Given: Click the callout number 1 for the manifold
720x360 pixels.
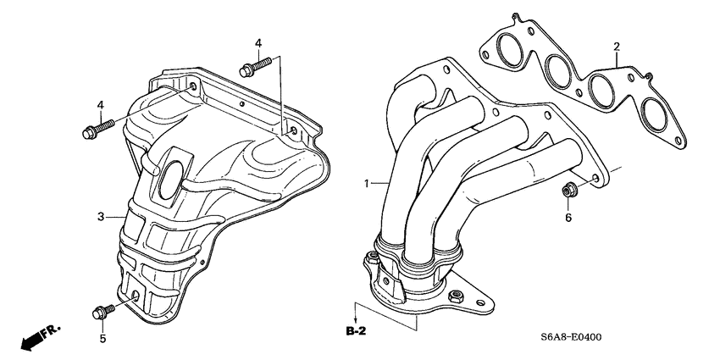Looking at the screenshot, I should (x=367, y=183).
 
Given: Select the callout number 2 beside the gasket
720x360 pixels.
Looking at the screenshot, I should (x=617, y=46).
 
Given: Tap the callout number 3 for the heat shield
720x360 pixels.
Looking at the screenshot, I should (x=100, y=218).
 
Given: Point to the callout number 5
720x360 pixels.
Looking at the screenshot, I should (x=103, y=340).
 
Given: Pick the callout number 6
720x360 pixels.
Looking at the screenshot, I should (x=568, y=218).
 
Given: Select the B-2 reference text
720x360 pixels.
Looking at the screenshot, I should (x=356, y=329).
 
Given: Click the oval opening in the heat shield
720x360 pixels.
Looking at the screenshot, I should (x=171, y=179).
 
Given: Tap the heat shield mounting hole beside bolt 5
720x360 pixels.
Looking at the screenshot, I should (x=136, y=296).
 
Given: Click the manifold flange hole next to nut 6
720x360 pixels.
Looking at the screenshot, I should (x=596, y=179).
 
